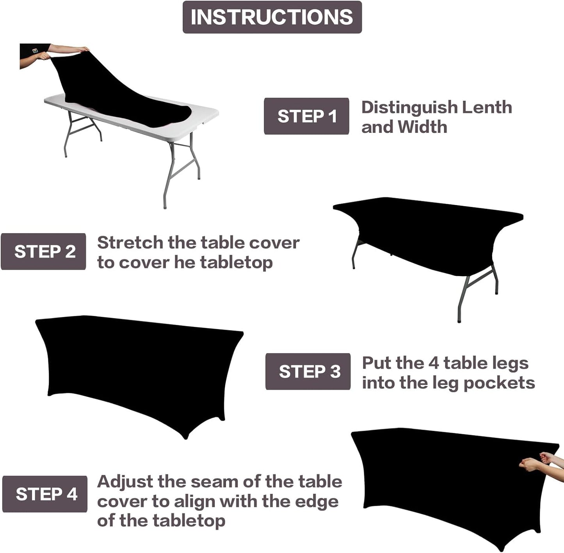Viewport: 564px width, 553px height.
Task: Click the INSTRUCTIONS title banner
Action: [x=272, y=17]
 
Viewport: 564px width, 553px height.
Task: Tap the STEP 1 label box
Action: [x=306, y=116]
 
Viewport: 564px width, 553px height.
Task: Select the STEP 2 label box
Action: [x=44, y=252]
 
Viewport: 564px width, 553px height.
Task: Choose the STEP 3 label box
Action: [x=308, y=371]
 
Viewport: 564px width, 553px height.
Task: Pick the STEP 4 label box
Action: [x=45, y=494]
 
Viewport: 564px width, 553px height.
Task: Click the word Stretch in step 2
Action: [x=130, y=243]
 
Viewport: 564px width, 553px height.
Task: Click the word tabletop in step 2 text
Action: [x=236, y=262]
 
